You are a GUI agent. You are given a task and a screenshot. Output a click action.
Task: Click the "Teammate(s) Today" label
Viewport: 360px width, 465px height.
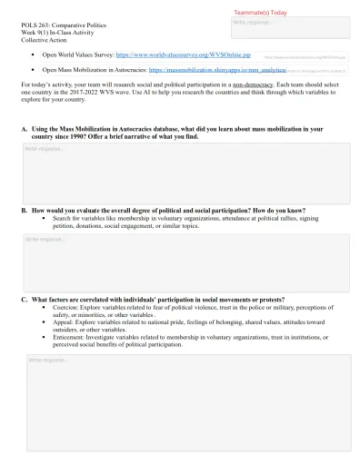click(260, 14)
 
